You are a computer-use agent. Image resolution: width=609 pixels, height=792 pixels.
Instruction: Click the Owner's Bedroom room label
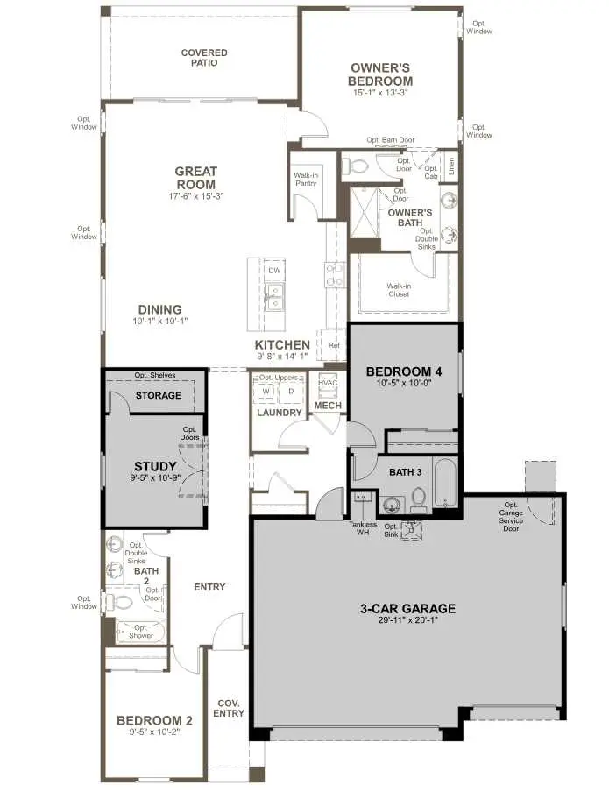coord(381,74)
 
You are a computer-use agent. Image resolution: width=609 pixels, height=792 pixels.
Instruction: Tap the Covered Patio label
coord(204,58)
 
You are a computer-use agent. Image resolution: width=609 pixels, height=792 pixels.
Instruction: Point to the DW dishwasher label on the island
coord(274,271)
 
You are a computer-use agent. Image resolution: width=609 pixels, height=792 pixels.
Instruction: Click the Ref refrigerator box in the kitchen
coord(334,345)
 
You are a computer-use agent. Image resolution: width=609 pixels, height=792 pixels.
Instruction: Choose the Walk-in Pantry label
coord(305,180)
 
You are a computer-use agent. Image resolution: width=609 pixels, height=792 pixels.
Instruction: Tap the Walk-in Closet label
coord(399,289)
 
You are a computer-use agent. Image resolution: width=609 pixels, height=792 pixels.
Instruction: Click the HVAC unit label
coord(328,383)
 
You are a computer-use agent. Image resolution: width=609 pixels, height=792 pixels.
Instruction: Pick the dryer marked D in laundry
coord(292,391)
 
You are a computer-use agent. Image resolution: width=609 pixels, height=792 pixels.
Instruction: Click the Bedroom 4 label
coord(403,371)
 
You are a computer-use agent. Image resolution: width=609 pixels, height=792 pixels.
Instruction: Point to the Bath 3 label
coord(406,472)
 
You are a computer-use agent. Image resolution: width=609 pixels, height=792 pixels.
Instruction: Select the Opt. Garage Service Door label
coord(511,516)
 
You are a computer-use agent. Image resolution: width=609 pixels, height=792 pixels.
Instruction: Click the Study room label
coord(155,466)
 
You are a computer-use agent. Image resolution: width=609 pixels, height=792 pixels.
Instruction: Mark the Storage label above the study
coord(158,395)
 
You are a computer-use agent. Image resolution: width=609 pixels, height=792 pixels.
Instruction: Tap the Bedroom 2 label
coord(154,720)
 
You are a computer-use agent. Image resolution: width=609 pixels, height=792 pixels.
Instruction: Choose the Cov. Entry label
coord(229,708)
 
